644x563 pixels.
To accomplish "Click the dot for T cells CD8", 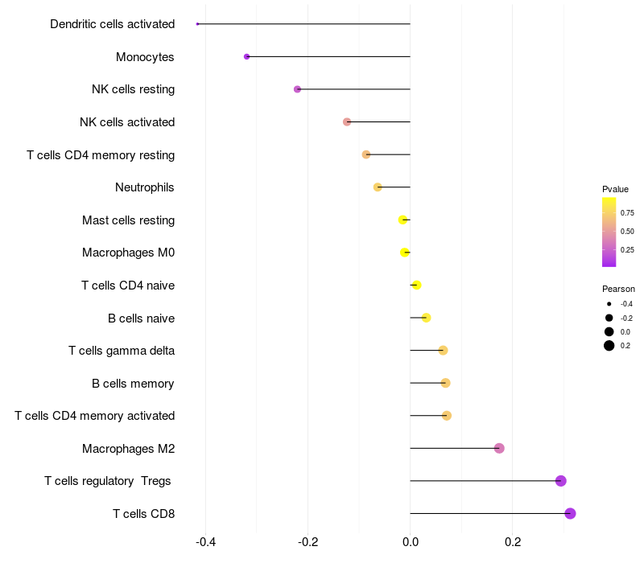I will [570, 513].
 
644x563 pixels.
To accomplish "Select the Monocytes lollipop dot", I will [246, 56].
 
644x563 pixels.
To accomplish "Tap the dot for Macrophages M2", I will [499, 448].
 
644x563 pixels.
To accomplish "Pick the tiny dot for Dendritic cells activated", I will [197, 24].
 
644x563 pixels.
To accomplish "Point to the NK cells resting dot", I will [297, 89].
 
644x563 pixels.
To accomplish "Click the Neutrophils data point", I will [378, 187].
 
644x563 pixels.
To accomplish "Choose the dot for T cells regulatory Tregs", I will [560, 481].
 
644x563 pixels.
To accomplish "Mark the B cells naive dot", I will [426, 318].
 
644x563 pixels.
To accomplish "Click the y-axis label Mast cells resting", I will [128, 220].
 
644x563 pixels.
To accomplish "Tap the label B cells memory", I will [133, 384].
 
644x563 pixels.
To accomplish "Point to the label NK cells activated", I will [127, 122].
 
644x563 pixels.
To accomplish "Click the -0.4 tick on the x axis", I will [205, 543].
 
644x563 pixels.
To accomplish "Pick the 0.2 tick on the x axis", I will [513, 543].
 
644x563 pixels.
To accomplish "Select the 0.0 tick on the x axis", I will [410, 543].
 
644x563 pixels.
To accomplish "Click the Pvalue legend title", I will [615, 189].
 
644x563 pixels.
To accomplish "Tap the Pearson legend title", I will [618, 289].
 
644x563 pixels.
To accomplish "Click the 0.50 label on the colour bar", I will [627, 231].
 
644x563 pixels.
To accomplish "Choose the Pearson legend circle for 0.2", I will [609, 346].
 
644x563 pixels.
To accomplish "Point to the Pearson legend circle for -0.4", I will [609, 304].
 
